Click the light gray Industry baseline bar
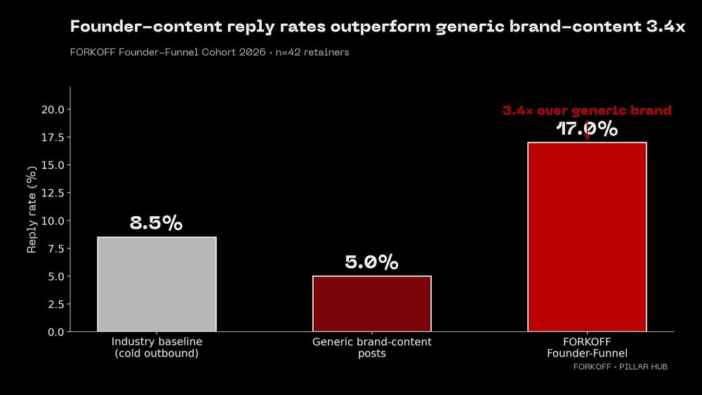coord(157,284)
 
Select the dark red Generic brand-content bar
coord(371,303)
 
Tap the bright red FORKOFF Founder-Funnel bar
coord(587,236)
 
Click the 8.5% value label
coord(157,224)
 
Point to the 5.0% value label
coord(371,262)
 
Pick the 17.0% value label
coord(587,129)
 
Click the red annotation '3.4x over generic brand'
coord(587,111)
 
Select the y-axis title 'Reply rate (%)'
coord(32,210)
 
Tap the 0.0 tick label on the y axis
coord(55,332)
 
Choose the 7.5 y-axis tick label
coord(55,248)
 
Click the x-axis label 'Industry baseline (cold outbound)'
coord(157,347)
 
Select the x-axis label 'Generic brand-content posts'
coord(371,347)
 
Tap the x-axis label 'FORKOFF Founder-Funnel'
coord(587,347)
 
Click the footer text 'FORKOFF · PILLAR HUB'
coord(620,367)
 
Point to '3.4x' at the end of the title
coord(665,27)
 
